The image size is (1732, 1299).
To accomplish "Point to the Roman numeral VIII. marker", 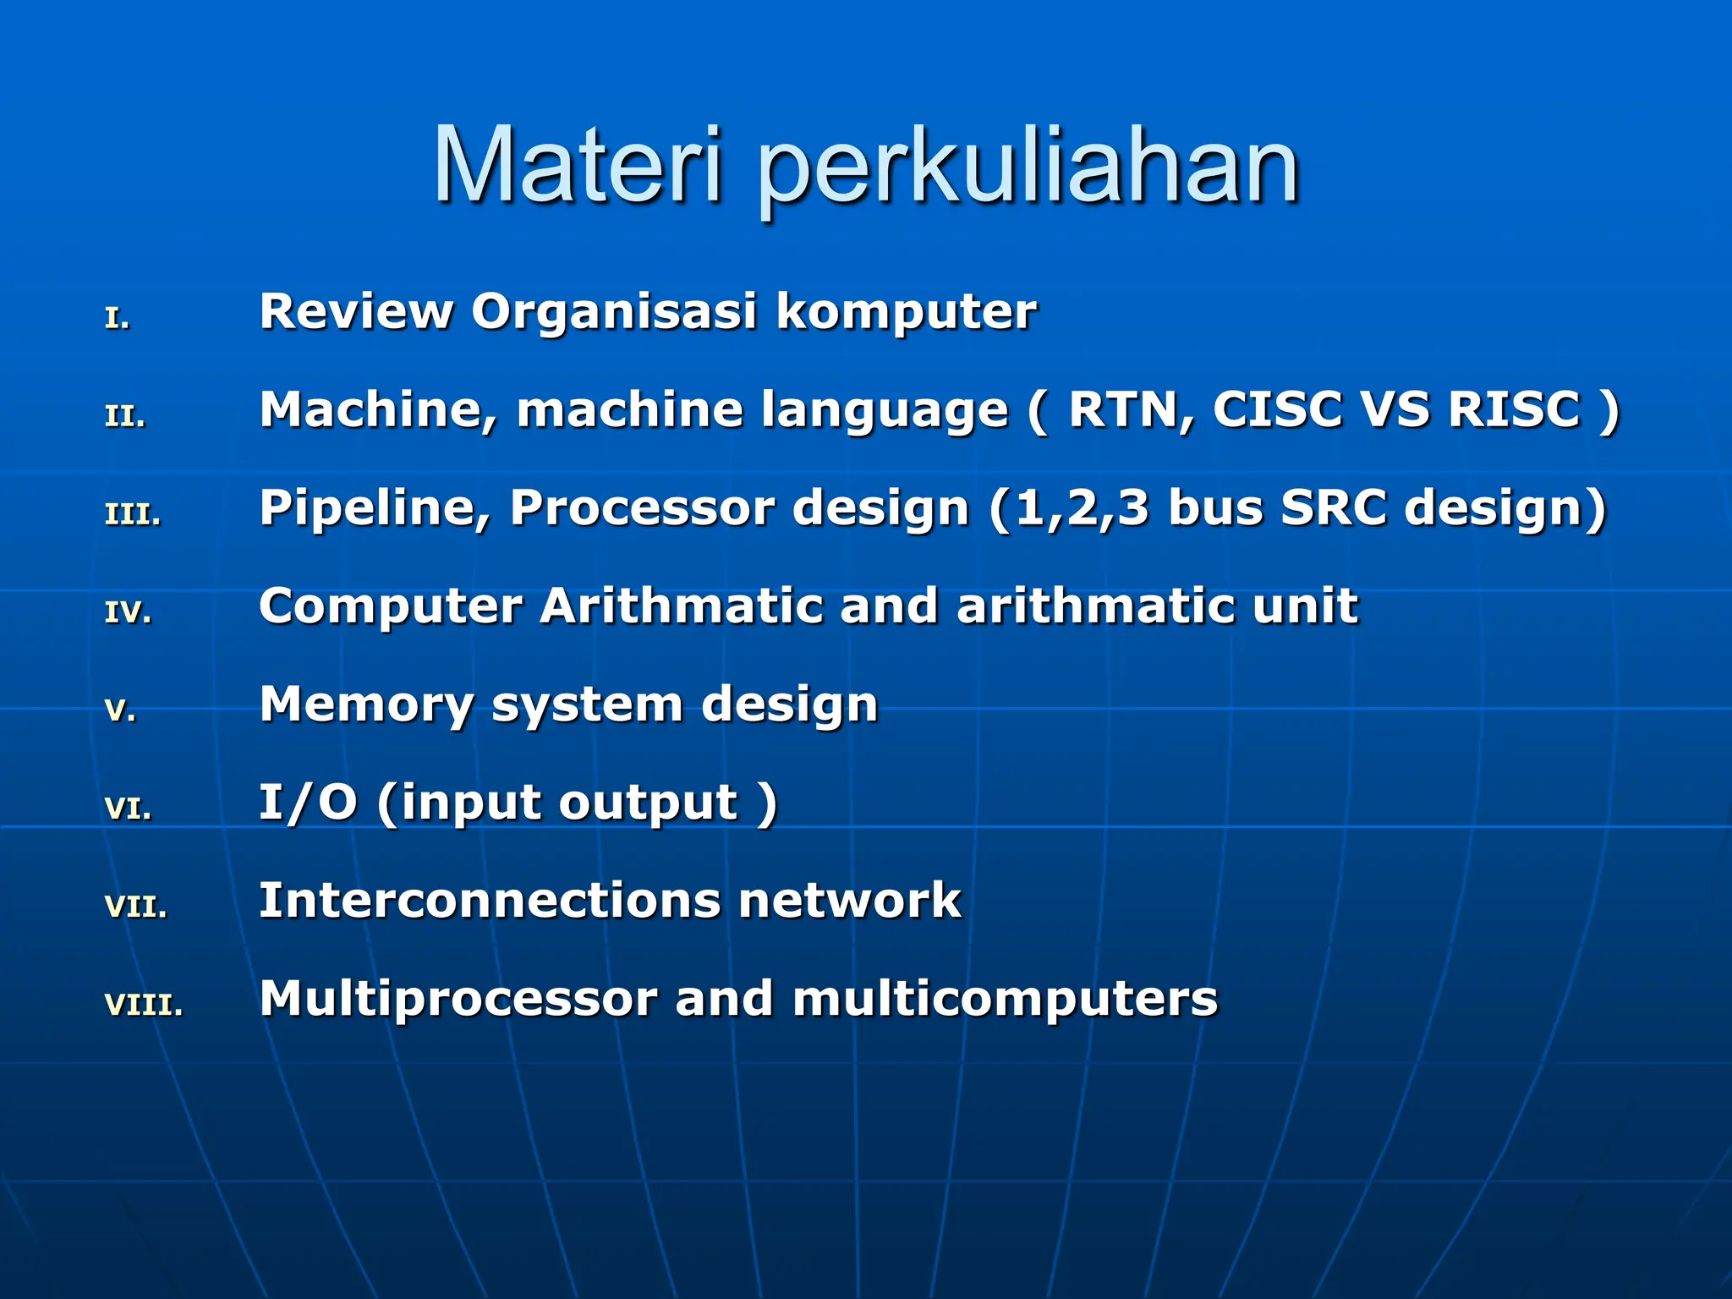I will pyautogui.click(x=144, y=1005).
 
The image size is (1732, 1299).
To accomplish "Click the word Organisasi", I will pyautogui.click(x=614, y=313).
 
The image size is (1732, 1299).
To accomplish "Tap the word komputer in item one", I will pyautogui.click(x=906, y=313).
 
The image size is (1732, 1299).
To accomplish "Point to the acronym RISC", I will pyautogui.click(x=1514, y=409).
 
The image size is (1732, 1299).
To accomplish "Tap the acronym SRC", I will pyautogui.click(x=1334, y=507).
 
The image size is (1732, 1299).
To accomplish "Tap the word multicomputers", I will pyautogui.click(x=1005, y=999).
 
